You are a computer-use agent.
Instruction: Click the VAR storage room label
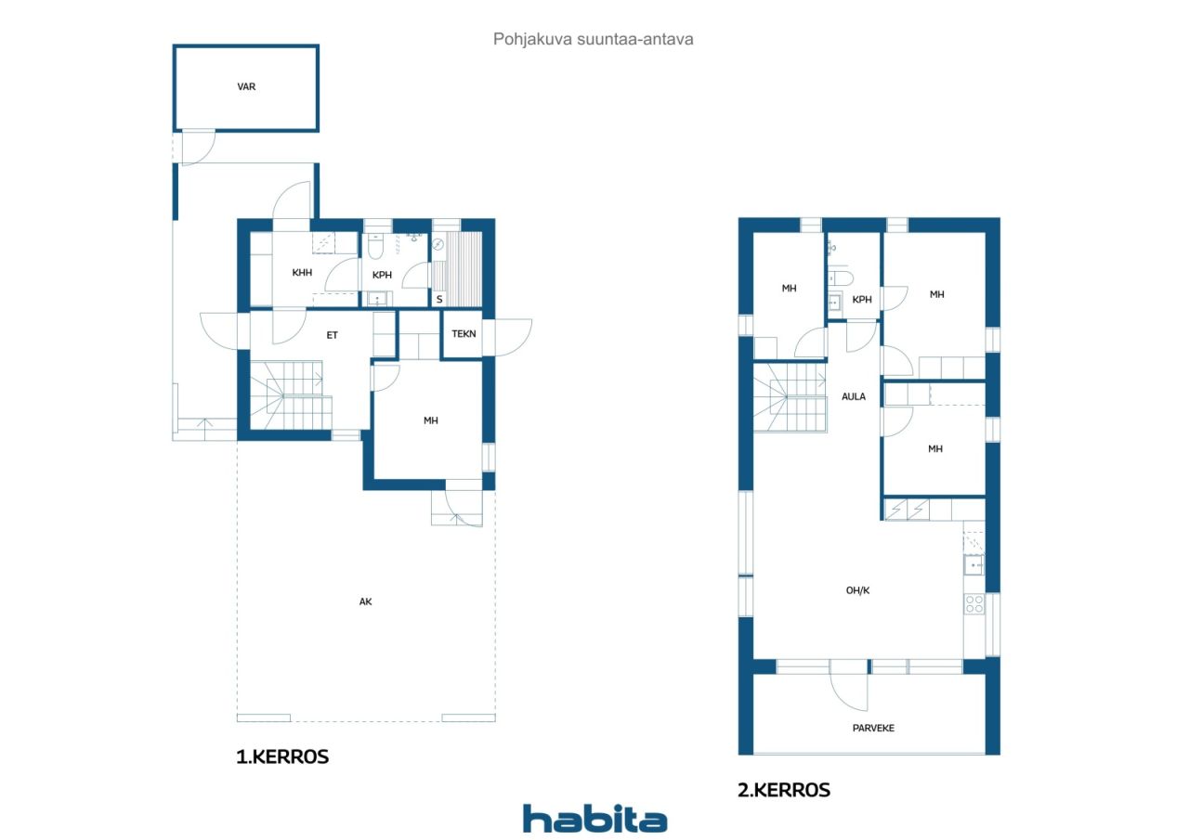point(246,86)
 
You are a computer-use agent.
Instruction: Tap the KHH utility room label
point(302,273)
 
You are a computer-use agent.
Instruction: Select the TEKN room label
point(464,333)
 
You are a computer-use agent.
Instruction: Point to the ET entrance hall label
point(332,335)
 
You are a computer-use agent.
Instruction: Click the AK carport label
point(365,601)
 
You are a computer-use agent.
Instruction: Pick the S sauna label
point(439,300)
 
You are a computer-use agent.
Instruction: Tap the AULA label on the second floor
point(854,396)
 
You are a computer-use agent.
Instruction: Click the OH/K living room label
point(857,590)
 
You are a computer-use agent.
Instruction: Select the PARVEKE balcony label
point(873,728)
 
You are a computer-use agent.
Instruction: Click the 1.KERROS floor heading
point(282,756)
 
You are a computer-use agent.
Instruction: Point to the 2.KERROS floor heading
point(784,790)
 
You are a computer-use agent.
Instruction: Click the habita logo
point(594,818)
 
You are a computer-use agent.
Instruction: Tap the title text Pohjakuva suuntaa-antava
point(593,39)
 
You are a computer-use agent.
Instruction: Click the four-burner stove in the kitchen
point(974,604)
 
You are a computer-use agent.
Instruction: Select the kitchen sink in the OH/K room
point(973,564)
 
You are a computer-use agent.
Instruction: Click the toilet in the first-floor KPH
point(375,246)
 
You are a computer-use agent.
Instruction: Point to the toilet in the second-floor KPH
point(841,278)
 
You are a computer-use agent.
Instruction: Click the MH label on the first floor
point(430,420)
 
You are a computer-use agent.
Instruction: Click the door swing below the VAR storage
point(199,148)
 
